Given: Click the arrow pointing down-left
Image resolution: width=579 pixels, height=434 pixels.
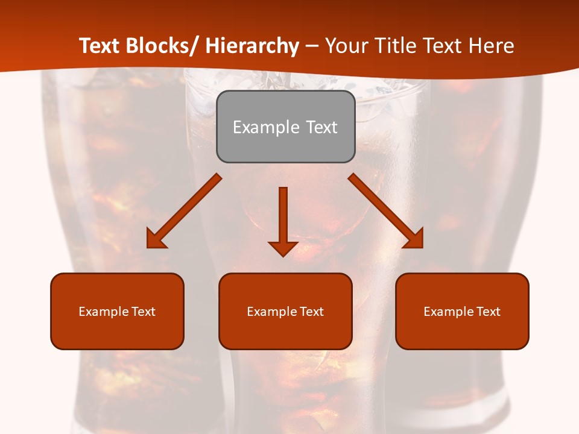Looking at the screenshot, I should (184, 211).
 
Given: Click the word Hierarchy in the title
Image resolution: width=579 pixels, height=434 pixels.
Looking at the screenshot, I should (252, 46).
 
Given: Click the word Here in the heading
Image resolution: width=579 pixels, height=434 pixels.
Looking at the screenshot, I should (491, 46).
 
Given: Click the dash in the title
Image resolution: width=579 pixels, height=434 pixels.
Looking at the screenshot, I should (312, 46).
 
